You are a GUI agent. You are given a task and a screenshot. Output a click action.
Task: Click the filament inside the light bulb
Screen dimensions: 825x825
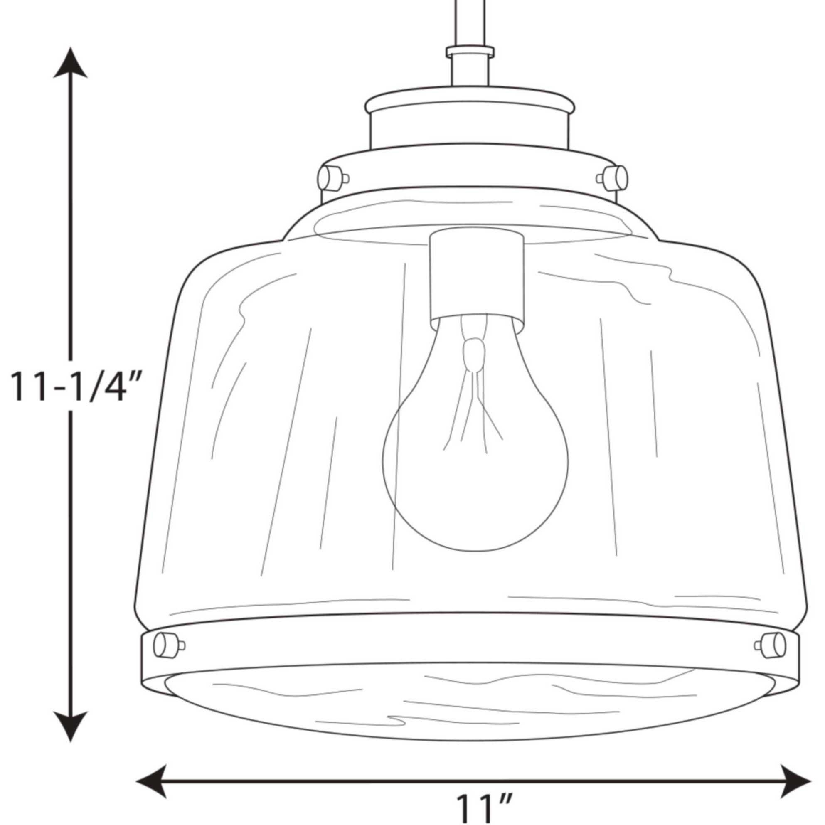click(474, 384)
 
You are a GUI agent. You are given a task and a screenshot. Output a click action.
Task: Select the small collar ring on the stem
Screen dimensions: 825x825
click(470, 52)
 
